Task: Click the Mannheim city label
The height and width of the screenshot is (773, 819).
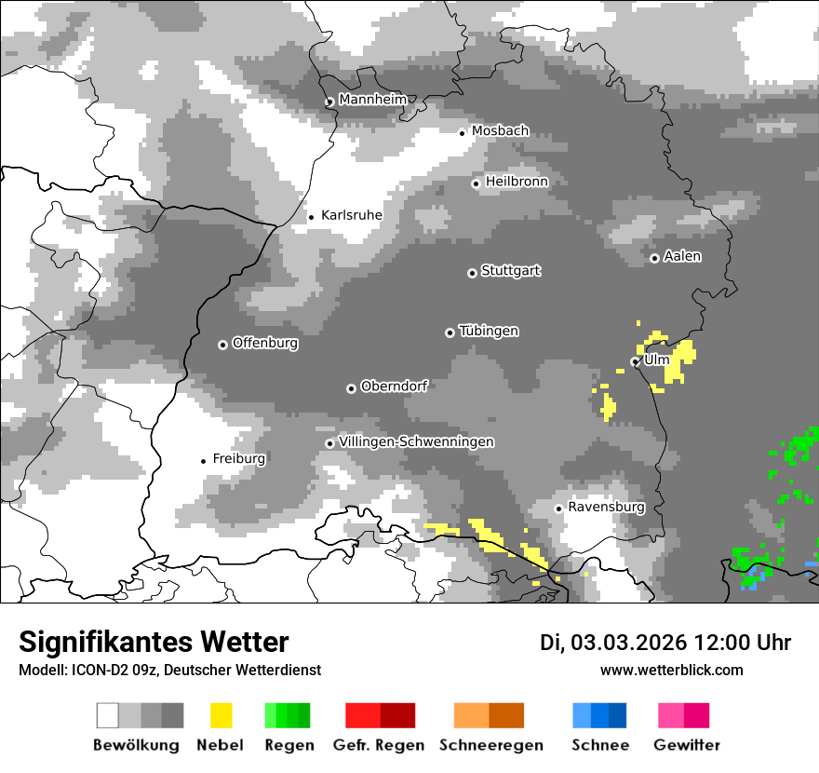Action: click(x=372, y=100)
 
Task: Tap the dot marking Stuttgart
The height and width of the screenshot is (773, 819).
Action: click(x=472, y=273)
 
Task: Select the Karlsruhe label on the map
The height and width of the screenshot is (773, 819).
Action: click(x=351, y=215)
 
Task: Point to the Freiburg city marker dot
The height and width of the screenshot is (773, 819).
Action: click(x=203, y=461)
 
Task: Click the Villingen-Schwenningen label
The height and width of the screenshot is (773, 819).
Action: click(x=416, y=441)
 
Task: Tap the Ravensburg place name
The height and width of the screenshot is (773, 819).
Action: click(x=606, y=507)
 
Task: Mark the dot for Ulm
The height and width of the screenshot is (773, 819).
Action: click(x=635, y=361)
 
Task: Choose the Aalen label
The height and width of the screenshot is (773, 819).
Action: click(x=682, y=256)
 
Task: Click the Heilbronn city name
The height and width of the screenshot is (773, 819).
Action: click(x=517, y=182)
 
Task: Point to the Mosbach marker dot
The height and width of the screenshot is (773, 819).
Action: click(x=462, y=132)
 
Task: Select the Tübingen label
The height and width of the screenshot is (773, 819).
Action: click(x=489, y=331)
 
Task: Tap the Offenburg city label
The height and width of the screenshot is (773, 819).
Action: click(x=264, y=343)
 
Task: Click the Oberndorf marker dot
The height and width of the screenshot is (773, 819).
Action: click(x=351, y=388)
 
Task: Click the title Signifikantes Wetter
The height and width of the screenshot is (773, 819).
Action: click(x=154, y=642)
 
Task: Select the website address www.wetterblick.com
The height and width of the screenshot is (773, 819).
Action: click(x=671, y=670)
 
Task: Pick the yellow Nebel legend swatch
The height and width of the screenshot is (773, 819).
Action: click(x=222, y=715)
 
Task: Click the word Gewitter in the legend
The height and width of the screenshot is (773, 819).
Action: click(x=687, y=745)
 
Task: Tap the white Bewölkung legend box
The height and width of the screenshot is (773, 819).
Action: click(x=108, y=715)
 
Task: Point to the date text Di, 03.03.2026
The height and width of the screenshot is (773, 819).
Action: click(x=612, y=643)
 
